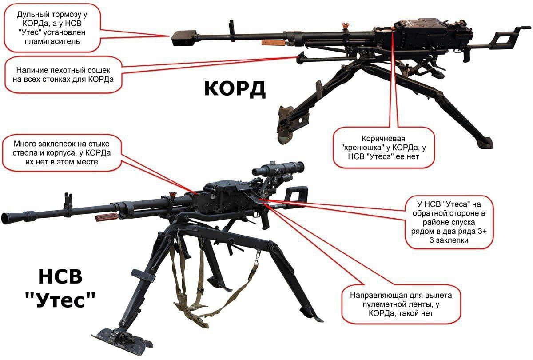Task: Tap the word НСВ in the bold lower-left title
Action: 60,278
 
